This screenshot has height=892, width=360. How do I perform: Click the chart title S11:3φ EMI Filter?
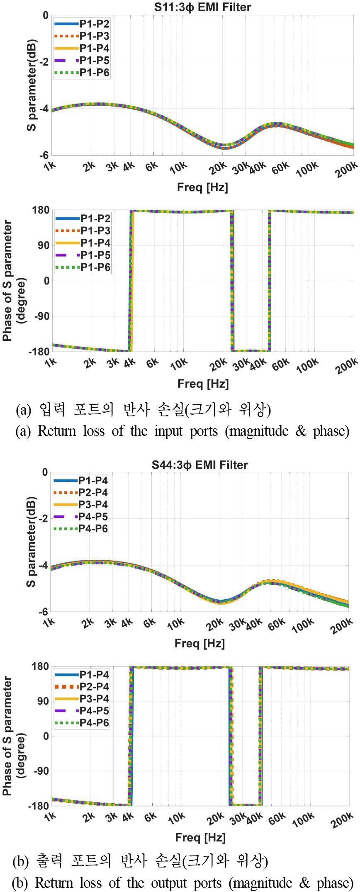click(202, 7)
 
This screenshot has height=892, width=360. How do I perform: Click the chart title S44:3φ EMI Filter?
click(199, 465)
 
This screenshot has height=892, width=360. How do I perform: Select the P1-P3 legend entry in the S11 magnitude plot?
click(94, 36)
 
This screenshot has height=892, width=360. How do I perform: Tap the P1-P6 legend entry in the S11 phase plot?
click(95, 267)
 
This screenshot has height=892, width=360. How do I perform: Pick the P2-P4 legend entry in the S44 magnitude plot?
click(93, 493)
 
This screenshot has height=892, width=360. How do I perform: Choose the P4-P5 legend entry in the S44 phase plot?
click(94, 711)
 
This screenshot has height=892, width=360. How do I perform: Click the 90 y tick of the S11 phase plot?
click(44, 245)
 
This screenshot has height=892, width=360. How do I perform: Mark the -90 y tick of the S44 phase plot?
click(41, 771)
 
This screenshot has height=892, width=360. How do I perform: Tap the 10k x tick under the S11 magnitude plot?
click(178, 168)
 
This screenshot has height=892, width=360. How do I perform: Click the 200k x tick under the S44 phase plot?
click(342, 820)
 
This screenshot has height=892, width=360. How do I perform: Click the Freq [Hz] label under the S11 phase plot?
click(203, 384)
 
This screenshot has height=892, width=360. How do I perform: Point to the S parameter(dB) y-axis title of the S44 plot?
click(32, 542)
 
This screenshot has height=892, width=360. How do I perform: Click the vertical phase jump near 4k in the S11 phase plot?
click(131, 281)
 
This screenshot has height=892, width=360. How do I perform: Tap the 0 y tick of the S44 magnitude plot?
click(45, 472)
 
